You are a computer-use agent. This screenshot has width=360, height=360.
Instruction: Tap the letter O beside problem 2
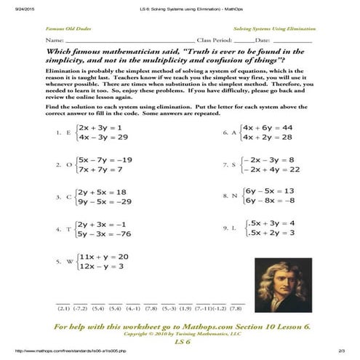[68, 164]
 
